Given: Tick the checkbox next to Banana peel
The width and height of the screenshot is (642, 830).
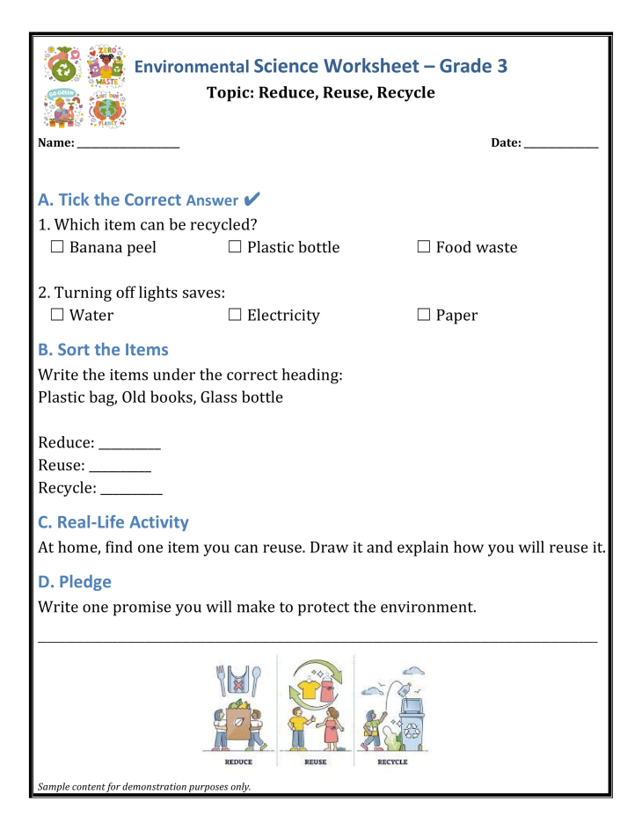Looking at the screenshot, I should pos(57,248).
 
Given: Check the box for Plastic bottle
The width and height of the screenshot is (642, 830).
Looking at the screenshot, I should pos(235,248).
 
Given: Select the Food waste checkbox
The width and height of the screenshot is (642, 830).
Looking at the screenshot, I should pos(424,248).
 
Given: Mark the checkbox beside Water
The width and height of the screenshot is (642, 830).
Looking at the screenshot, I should pos(57,316).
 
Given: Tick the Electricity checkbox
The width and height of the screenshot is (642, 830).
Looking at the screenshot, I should pos(235,316).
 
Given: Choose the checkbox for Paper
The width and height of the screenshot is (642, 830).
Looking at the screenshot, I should pos(424,316).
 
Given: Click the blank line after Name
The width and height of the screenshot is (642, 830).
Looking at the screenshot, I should pos(128,144).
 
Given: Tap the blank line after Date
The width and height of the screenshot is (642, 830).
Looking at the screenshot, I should pos(561,144).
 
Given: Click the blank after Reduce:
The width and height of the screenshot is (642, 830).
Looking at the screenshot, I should pos(129,445).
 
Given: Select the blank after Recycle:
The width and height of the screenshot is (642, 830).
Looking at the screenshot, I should pos(131,491).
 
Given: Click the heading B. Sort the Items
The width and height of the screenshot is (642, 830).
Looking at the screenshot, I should pos(103,350).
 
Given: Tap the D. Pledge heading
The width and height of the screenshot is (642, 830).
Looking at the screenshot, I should pos(75,582).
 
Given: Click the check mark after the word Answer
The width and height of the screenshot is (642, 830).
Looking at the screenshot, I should pos(252,200).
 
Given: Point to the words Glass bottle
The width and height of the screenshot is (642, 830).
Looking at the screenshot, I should pos(242,397).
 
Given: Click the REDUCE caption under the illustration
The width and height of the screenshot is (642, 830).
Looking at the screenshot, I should pos(238,762).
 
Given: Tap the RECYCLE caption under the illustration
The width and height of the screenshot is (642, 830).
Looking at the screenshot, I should pos(392,762).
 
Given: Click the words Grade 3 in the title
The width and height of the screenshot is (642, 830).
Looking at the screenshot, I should pos(473,67).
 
